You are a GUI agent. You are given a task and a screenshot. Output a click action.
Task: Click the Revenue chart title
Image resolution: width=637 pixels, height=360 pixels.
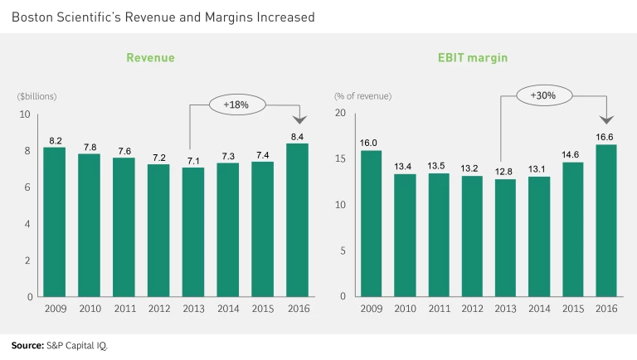150,58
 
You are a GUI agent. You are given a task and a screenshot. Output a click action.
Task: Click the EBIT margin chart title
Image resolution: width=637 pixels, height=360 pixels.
473,58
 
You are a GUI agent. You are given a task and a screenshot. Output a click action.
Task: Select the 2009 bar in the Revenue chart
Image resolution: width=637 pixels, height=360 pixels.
54,221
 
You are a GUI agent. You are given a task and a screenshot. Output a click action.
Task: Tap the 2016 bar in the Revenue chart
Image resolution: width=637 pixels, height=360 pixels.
297,220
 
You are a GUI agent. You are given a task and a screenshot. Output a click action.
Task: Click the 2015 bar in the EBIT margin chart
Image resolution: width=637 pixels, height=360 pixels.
573,229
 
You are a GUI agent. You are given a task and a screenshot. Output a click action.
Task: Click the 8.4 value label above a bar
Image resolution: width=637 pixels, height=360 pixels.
297,135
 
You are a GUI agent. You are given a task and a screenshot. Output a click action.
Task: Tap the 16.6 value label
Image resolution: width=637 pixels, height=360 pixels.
607,136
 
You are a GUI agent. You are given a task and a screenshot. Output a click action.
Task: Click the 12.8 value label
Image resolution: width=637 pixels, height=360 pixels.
503,171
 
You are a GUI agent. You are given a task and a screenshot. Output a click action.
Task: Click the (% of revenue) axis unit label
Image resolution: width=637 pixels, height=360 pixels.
363,96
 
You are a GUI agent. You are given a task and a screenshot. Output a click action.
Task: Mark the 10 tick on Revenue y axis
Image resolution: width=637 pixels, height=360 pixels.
25,114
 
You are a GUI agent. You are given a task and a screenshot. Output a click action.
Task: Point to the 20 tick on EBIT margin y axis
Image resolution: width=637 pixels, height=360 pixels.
340,114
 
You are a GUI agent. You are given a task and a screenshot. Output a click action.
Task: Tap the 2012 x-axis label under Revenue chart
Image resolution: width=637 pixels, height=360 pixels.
158,309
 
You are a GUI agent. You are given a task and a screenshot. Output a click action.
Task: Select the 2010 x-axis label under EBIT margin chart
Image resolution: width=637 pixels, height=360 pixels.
404,309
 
